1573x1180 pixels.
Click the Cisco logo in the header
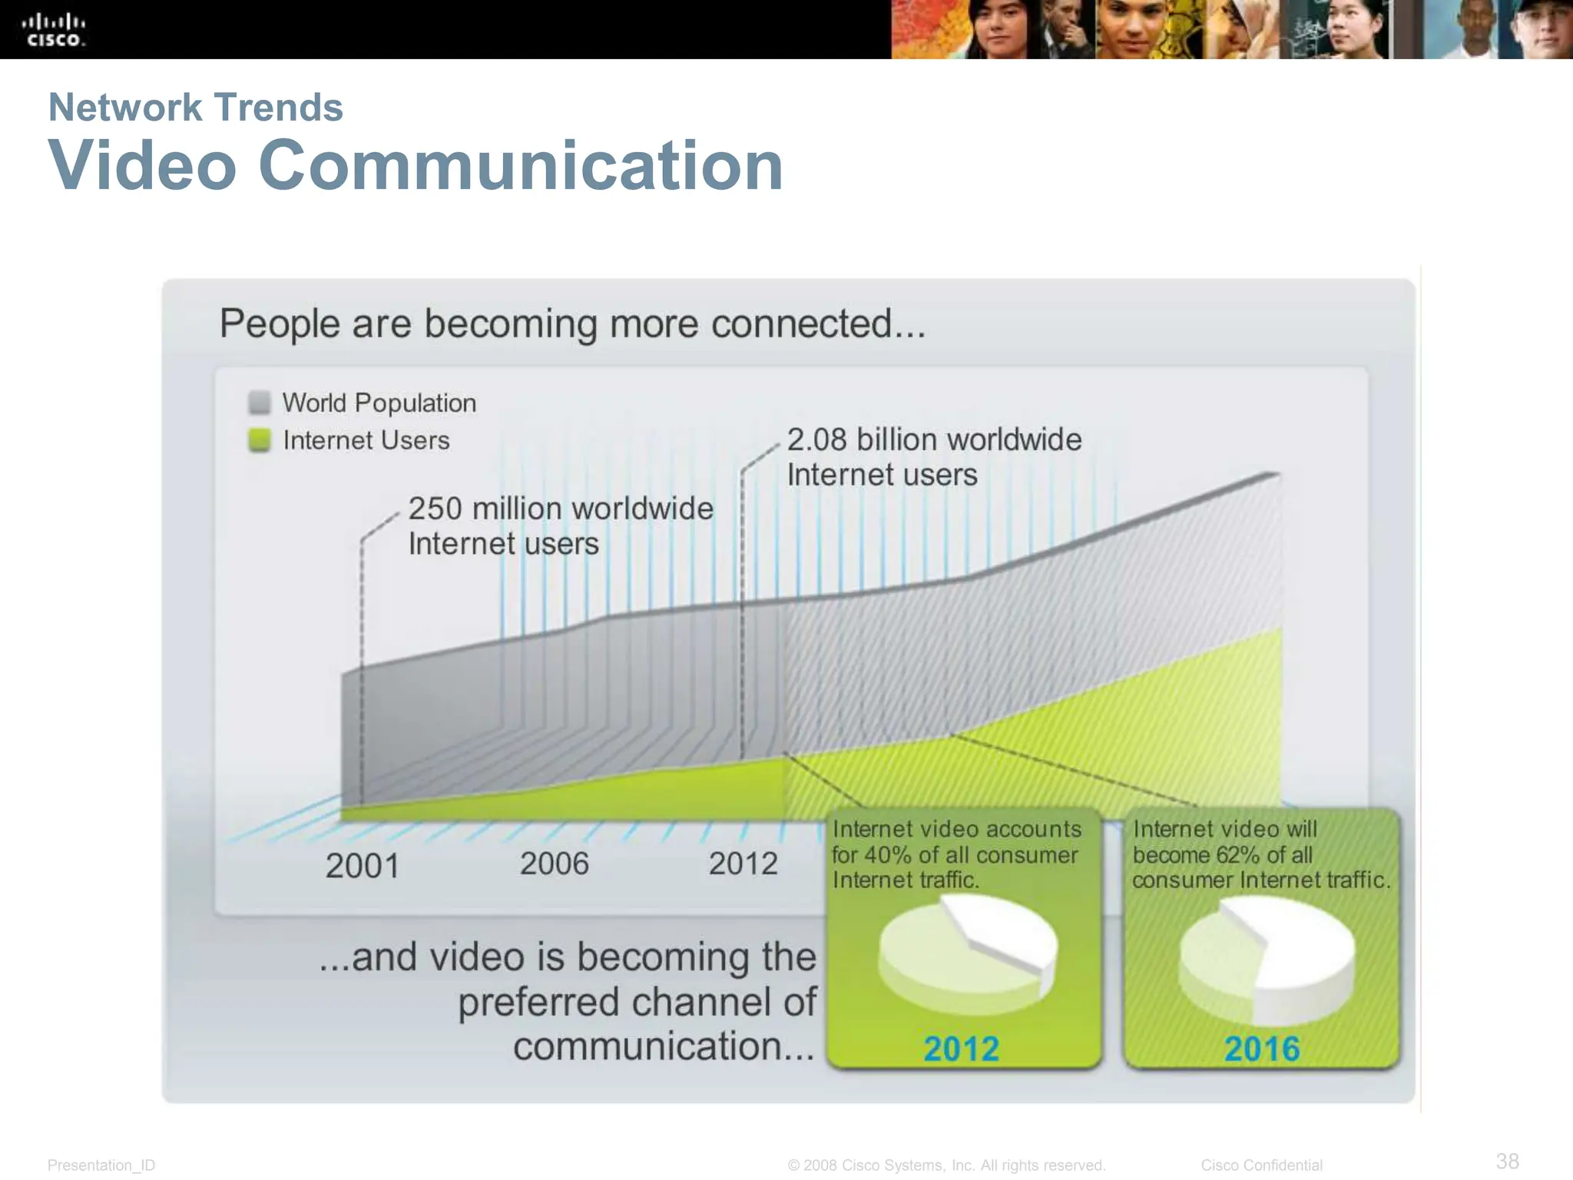[x=53, y=30]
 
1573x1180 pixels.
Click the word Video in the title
[x=143, y=165]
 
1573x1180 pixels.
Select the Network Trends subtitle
[x=195, y=108]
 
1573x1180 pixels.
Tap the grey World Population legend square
[x=260, y=403]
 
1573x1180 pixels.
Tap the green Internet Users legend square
[x=260, y=440]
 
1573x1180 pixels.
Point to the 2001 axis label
[x=363, y=867]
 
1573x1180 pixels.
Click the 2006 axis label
[x=554, y=864]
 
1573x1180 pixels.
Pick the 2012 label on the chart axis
[x=743, y=864]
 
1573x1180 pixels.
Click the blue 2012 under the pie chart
[x=961, y=1049]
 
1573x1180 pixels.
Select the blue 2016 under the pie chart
[x=1262, y=1049]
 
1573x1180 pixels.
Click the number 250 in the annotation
[x=435, y=509]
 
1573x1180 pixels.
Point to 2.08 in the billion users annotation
[x=816, y=440]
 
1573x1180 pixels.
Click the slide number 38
[x=1507, y=1160]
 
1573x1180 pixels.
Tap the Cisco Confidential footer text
[x=1261, y=1165]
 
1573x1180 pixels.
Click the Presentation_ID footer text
[x=101, y=1165]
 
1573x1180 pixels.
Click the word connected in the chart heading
[x=801, y=323]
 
